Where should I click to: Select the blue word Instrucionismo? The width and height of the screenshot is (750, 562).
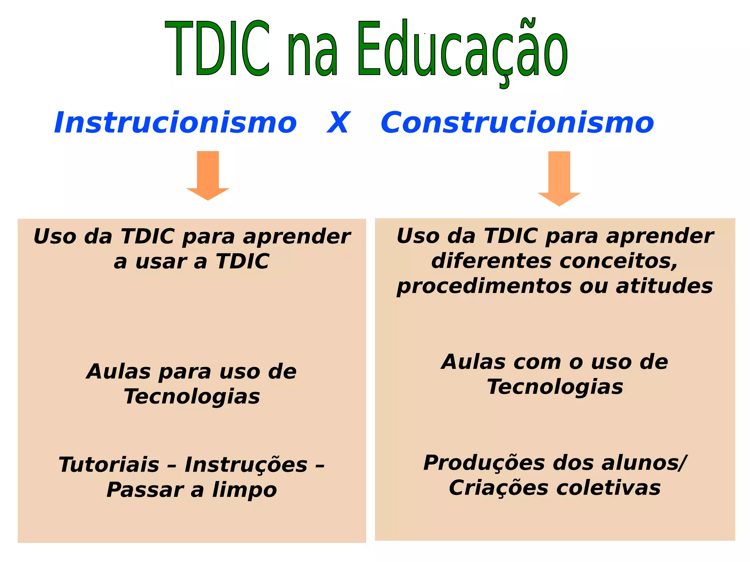[175, 123]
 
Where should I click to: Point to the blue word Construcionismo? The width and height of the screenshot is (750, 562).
[517, 123]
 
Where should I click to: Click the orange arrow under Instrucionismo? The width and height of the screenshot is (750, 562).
[208, 175]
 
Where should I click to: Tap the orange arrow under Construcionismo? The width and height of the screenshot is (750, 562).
[559, 178]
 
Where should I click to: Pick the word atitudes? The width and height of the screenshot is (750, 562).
[664, 286]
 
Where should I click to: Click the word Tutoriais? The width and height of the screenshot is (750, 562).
[109, 465]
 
